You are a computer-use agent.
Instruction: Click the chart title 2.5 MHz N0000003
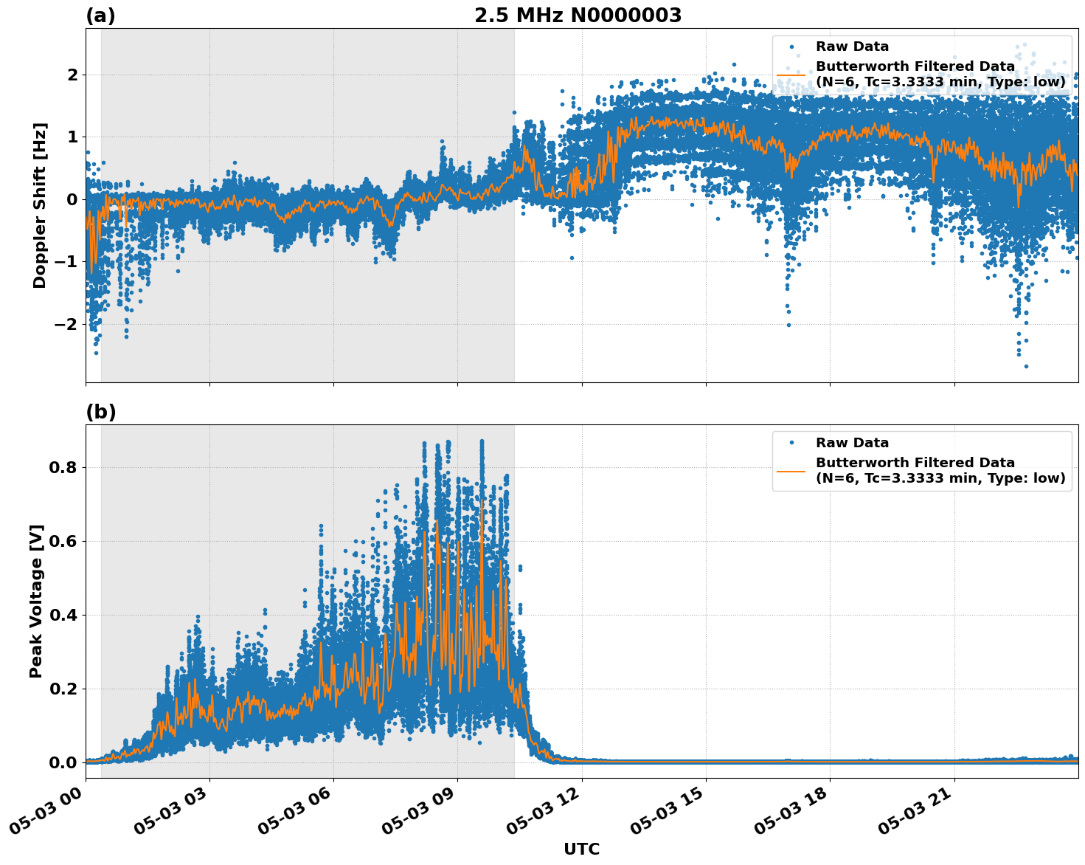pyautogui.click(x=578, y=15)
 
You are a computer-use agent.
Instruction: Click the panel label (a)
pyautogui.click(x=100, y=15)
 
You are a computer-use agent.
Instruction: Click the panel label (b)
pyautogui.click(x=100, y=412)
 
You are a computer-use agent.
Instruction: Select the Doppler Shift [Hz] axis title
pyautogui.click(x=40, y=205)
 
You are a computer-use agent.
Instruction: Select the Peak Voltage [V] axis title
pyautogui.click(x=36, y=602)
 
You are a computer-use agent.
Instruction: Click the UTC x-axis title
pyautogui.click(x=581, y=849)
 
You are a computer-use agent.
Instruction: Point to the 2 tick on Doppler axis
pyautogui.click(x=72, y=75)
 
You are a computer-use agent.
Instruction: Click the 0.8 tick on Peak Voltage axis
pyautogui.click(x=64, y=468)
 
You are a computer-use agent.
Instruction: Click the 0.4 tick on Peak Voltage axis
pyautogui.click(x=64, y=616)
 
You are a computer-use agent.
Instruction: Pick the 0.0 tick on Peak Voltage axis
pyautogui.click(x=64, y=762)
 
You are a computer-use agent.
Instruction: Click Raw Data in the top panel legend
pyautogui.click(x=852, y=47)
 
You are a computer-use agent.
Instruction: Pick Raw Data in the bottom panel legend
pyautogui.click(x=852, y=443)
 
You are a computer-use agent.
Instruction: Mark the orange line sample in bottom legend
pyautogui.click(x=791, y=470)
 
